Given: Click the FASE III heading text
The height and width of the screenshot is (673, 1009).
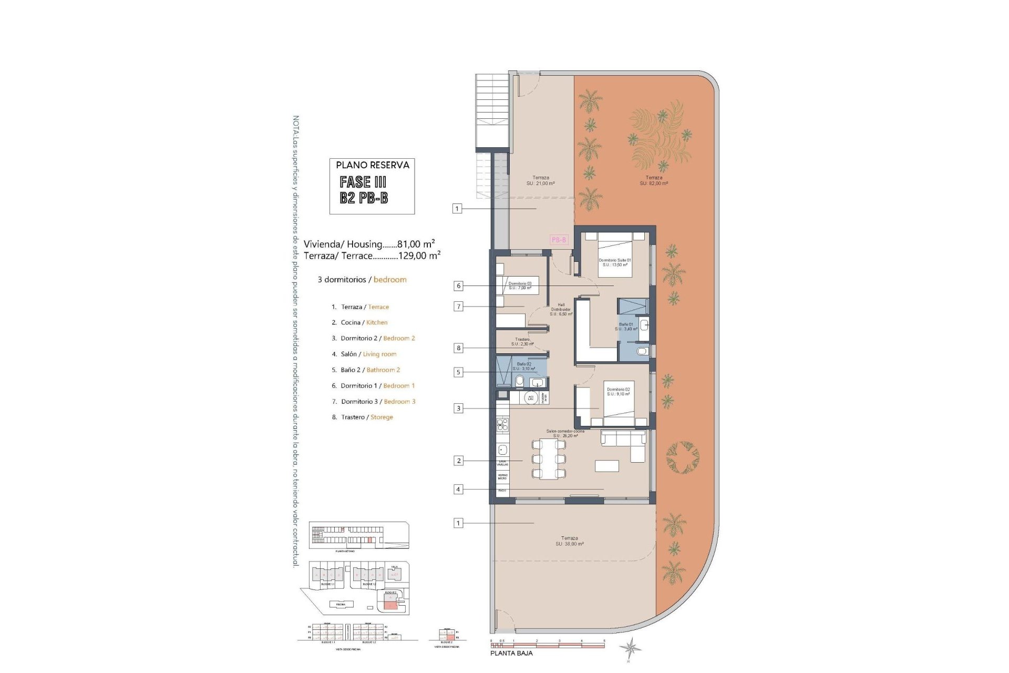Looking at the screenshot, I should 363,182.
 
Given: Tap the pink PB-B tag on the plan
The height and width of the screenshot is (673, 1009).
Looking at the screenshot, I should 559,240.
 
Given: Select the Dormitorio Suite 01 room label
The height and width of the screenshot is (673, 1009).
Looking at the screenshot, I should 614,262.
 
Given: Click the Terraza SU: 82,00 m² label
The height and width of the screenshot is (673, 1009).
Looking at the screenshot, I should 654,180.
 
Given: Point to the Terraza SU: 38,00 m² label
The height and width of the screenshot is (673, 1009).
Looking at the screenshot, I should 569,541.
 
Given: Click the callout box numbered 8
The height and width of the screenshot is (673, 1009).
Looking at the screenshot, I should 458,348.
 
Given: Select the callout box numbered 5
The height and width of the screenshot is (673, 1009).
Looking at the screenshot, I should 458,372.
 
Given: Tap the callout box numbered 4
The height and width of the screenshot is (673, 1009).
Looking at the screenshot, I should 458,489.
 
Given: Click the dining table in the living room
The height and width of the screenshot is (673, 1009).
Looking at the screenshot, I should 549,459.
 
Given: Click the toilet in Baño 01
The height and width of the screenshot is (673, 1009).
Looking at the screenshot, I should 642,351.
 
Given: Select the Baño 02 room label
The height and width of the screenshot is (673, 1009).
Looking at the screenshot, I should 524,366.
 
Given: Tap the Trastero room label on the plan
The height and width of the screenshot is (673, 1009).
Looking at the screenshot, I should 522,342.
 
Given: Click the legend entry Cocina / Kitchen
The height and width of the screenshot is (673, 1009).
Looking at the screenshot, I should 364,322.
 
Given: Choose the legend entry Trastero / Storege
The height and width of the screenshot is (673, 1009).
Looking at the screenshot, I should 367,417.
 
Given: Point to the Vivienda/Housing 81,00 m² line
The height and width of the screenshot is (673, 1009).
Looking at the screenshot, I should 369,244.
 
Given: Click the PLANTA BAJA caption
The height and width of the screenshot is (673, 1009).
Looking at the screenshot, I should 511,653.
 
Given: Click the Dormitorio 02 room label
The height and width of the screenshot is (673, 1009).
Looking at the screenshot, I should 618,392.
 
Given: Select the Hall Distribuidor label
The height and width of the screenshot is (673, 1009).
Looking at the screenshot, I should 561,309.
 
